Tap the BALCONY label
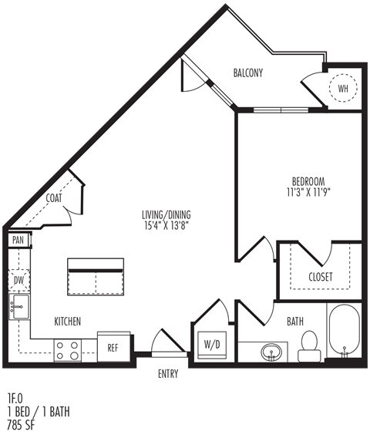click(248, 73)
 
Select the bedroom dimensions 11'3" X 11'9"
click(308, 192)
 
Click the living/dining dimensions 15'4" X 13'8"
click(166, 225)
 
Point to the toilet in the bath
click(309, 346)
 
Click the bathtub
click(345, 330)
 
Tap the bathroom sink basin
click(271, 352)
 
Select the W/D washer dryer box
click(212, 345)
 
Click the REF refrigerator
click(114, 347)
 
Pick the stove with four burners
click(67, 351)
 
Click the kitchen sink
click(19, 306)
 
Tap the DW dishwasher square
click(18, 281)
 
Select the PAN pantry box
click(18, 240)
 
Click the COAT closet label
click(54, 198)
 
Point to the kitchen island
click(96, 277)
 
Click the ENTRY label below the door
click(168, 374)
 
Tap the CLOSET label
click(321, 277)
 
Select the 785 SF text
click(21, 425)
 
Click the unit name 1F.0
click(15, 399)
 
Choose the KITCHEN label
click(67, 322)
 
